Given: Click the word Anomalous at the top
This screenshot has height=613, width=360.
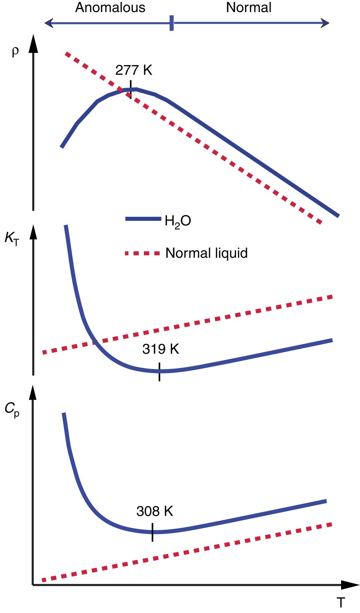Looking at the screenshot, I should (110, 8).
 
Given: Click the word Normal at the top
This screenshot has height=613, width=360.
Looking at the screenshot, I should (248, 8).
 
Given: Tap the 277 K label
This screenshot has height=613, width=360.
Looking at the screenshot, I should (134, 70).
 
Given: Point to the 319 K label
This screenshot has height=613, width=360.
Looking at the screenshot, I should (161, 349).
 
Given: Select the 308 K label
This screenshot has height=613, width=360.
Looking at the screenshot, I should (155, 511).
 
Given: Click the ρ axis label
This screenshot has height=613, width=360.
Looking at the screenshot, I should (15, 51).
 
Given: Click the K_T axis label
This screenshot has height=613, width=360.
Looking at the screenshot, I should (11, 238).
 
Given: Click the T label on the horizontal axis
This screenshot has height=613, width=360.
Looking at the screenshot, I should (341, 602).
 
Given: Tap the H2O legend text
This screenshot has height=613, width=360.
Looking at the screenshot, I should (177, 221).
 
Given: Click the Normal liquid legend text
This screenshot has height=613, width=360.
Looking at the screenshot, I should (206, 253).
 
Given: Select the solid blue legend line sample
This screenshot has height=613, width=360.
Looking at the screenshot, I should (143, 219).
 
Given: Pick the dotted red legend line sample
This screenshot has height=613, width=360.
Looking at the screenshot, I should (142, 253).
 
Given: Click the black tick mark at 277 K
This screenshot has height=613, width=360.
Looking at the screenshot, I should (131, 89).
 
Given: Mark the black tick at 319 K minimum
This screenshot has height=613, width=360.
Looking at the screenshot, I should (159, 372).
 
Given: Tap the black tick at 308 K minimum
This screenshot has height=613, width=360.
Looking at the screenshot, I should (153, 532).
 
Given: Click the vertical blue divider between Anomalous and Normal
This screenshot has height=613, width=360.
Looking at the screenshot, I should (172, 23).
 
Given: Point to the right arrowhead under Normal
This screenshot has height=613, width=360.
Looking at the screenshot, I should (325, 23).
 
